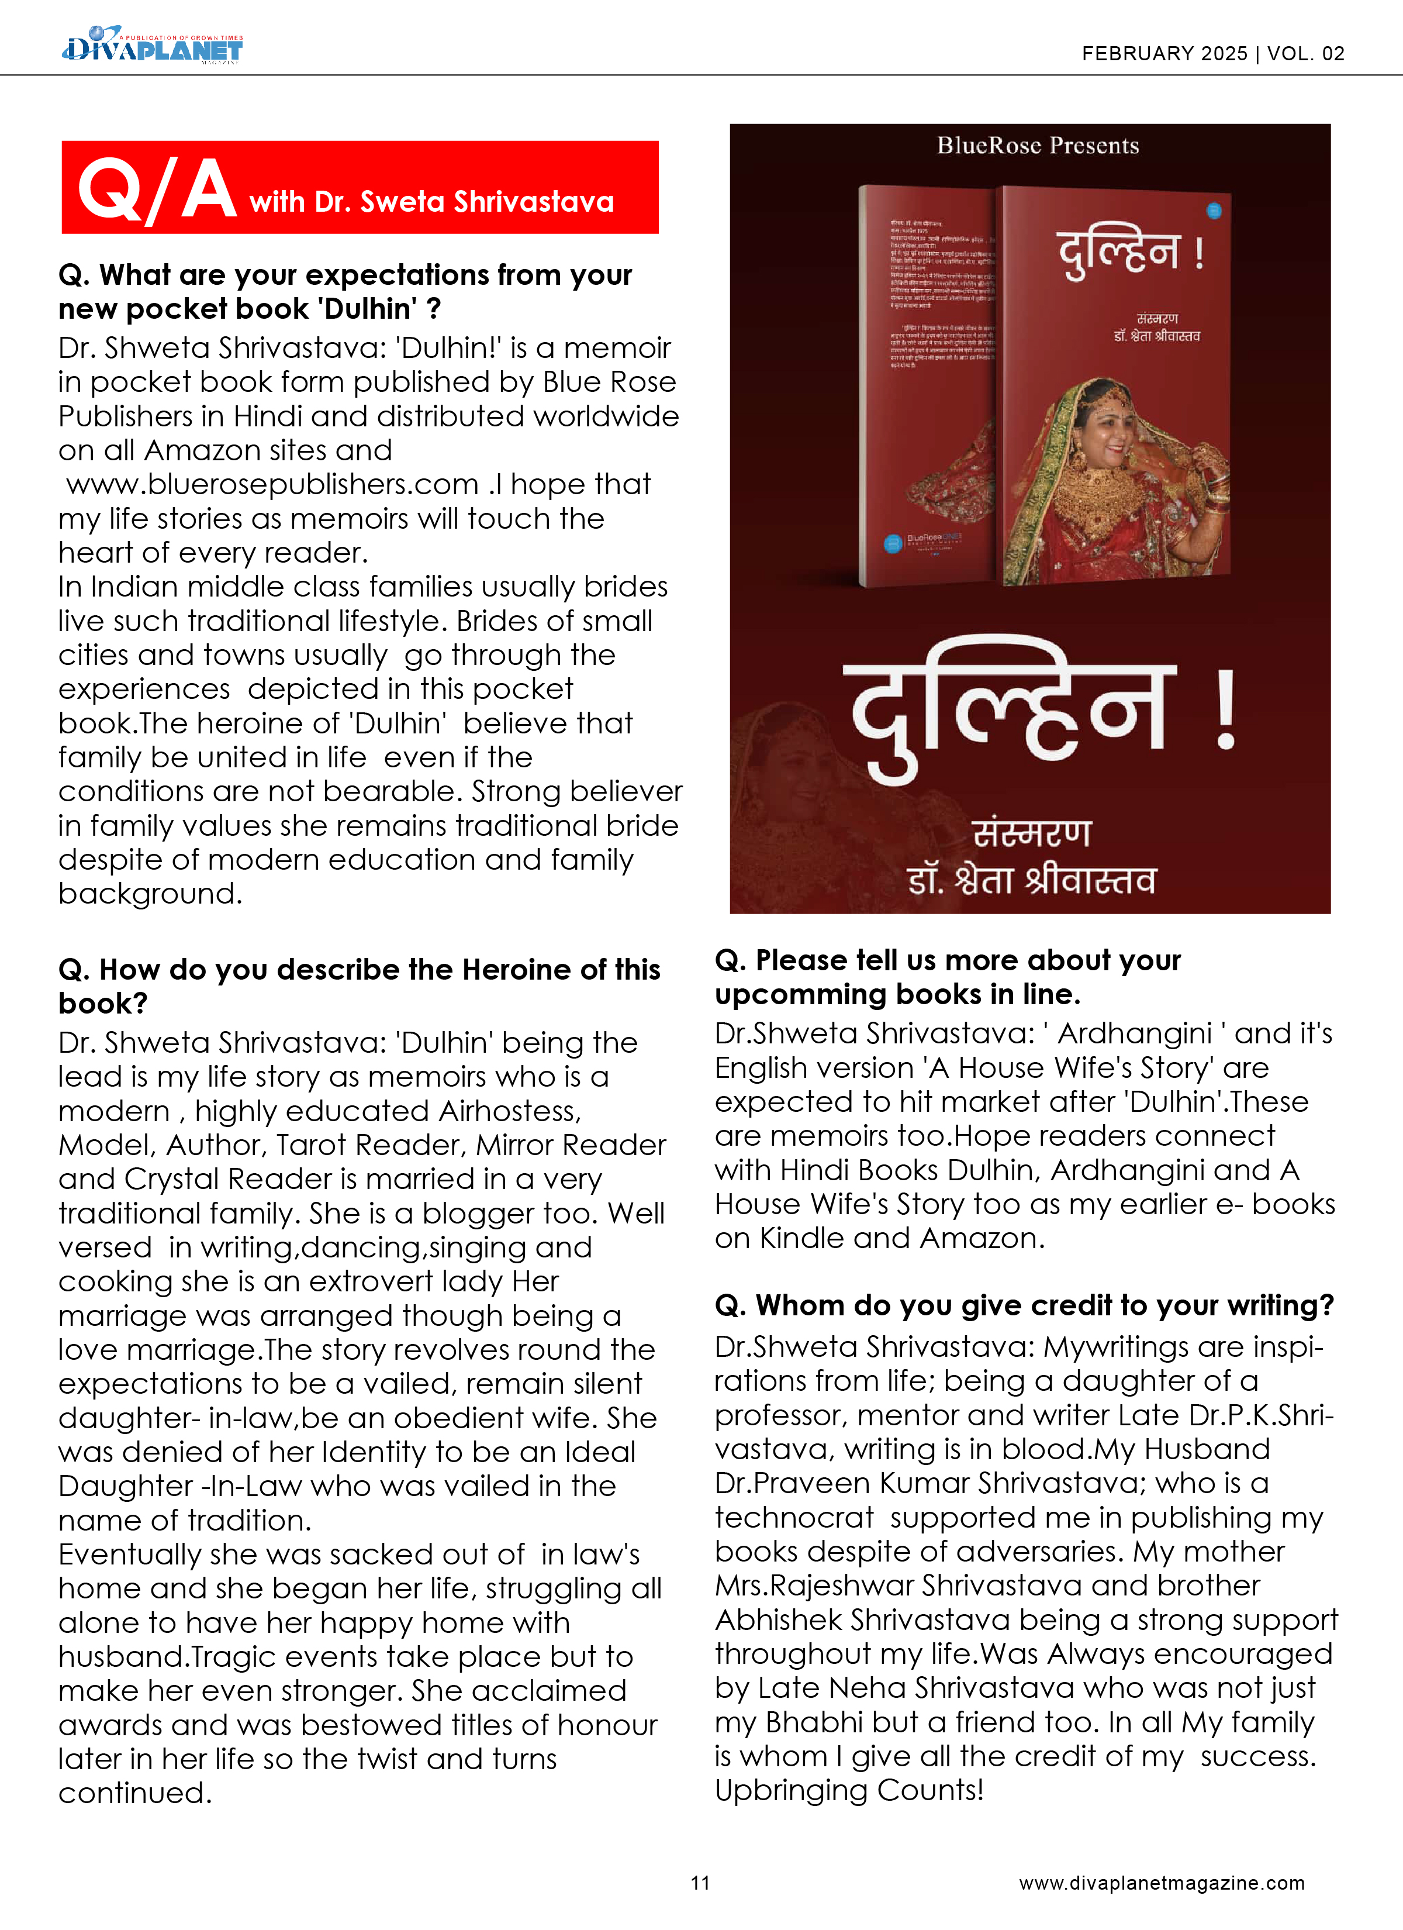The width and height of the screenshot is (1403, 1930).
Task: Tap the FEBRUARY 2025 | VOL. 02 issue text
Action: point(1212,54)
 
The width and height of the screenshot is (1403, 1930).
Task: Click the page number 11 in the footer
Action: point(700,1883)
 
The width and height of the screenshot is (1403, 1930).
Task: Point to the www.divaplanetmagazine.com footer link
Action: point(1162,1883)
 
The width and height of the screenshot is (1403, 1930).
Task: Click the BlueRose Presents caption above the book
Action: point(1037,146)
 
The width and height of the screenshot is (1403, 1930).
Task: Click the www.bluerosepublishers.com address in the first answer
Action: point(272,484)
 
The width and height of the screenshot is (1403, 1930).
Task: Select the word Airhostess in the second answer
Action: point(510,1111)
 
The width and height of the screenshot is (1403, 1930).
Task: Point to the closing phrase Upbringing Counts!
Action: point(848,1790)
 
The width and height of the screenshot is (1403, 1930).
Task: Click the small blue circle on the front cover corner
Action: point(1214,210)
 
